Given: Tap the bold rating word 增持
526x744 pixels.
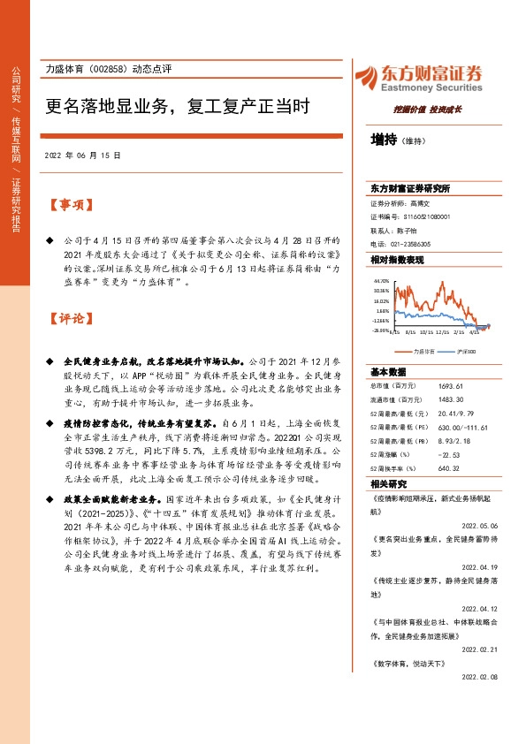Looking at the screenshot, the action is [x=384, y=139].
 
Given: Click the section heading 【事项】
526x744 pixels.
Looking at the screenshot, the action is [x=71, y=205].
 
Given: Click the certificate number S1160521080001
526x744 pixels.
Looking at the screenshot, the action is [x=428, y=216].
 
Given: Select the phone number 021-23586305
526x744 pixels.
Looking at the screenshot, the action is [x=410, y=243].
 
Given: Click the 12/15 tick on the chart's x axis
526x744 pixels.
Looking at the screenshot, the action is [x=444, y=333].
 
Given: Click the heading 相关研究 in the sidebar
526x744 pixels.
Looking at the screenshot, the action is [x=388, y=483].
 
